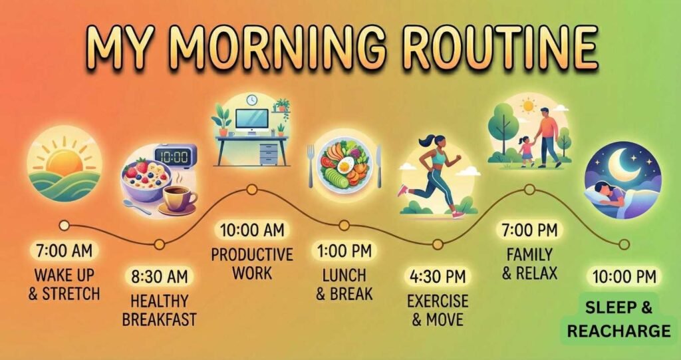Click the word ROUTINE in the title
click(501, 48)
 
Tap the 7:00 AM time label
click(65, 251)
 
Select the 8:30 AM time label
click(160, 275)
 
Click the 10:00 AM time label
click(252, 230)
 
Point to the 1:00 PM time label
click(344, 251)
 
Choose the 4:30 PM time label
click(438, 275)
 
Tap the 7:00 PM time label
click(530, 230)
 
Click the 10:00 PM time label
click(623, 275)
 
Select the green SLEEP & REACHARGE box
click(619, 319)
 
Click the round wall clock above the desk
click(251, 100)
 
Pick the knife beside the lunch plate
click(378, 166)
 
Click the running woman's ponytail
click(420, 142)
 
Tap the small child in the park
click(526, 150)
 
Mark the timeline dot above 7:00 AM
click(65, 225)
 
